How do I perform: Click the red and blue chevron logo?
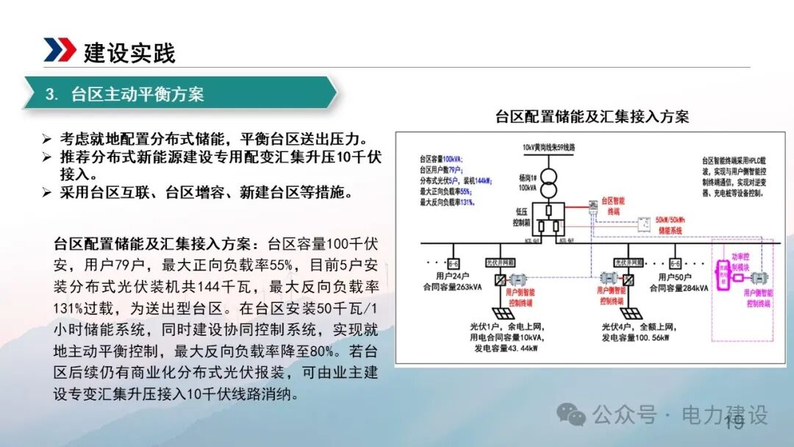[60, 49]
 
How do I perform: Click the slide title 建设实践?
[129, 53]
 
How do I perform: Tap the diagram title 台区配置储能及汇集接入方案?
[592, 116]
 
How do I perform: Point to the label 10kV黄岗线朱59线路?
[549, 147]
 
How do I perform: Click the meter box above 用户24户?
[454, 262]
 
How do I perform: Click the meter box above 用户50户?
[676, 262]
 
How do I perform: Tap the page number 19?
[734, 422]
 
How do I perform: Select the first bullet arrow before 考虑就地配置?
[46, 139]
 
